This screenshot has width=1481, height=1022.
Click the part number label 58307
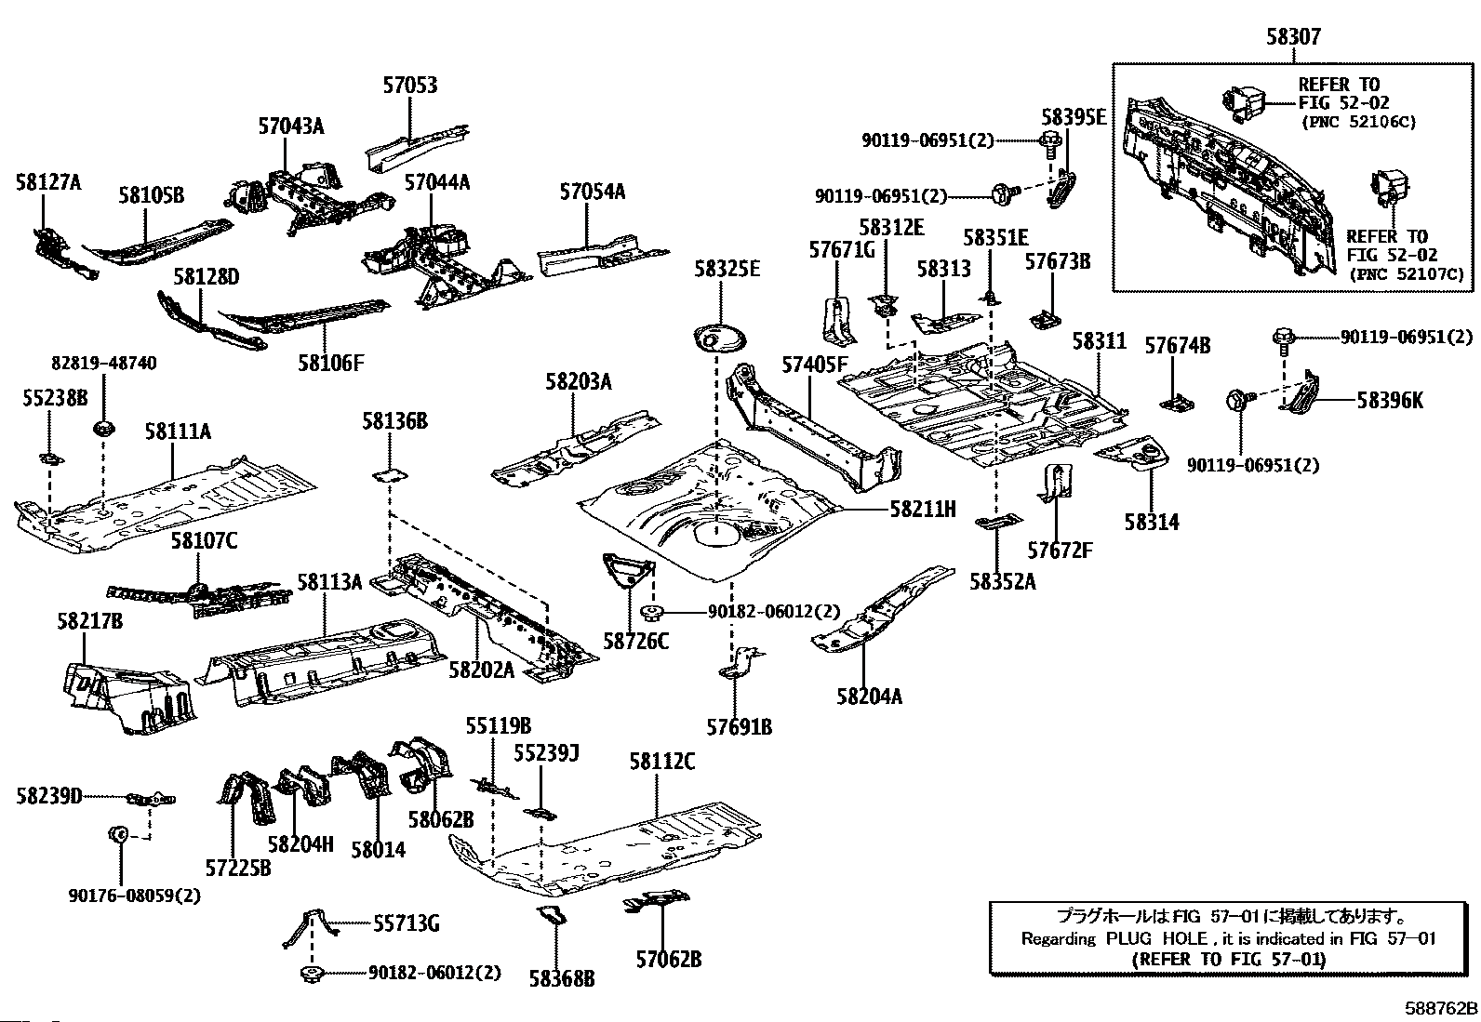pos(1293,37)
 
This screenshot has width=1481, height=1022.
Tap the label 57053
pos(409,86)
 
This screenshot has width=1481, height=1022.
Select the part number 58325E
pos(727,269)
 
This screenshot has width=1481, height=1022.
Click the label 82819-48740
pos(103,364)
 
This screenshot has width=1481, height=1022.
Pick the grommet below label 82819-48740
pos(102,430)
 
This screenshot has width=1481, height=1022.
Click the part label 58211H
pos(923,509)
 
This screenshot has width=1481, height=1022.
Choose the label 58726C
pos(635,641)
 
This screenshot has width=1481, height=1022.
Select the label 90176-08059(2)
pos(134,896)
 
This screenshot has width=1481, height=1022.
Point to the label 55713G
pos(407,923)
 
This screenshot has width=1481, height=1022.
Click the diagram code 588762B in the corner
pos(1441,1008)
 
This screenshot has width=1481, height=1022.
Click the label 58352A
pos(1002,582)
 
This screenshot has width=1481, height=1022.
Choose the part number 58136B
pos(394,421)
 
